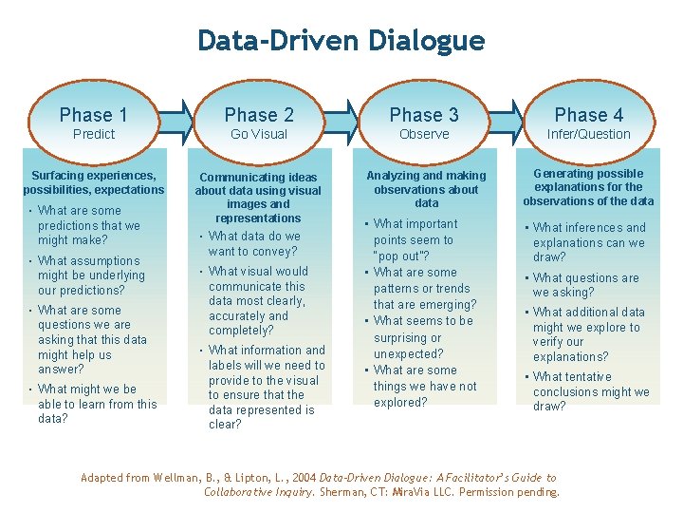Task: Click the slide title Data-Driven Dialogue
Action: (341, 41)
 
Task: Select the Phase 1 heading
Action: (93, 115)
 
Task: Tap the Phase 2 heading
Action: (259, 115)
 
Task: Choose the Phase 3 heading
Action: (424, 115)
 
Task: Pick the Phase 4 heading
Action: (588, 115)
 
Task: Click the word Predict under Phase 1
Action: (94, 135)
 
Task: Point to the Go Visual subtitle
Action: (259, 135)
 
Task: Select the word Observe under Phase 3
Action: (424, 135)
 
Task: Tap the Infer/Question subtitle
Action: (588, 135)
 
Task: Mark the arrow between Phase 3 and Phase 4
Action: (507, 120)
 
